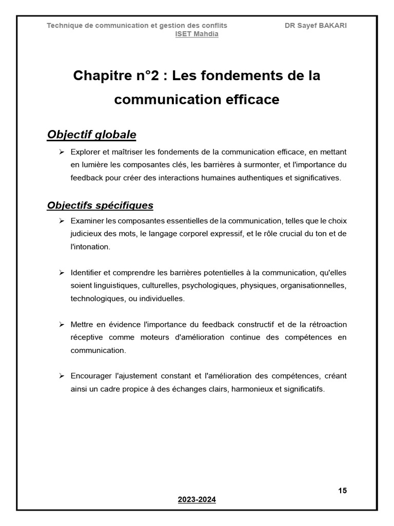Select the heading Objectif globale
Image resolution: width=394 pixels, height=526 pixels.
click(x=91, y=135)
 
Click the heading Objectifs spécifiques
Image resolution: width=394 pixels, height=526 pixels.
click(x=100, y=205)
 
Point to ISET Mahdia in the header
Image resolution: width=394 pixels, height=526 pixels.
click(x=197, y=34)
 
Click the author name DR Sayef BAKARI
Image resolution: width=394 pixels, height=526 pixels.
click(x=316, y=25)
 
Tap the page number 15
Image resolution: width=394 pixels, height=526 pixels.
click(x=342, y=491)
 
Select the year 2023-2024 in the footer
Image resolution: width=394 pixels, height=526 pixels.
click(x=197, y=499)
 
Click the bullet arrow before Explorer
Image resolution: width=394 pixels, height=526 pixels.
click(x=61, y=152)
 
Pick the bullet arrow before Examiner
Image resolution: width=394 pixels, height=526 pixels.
click(x=61, y=221)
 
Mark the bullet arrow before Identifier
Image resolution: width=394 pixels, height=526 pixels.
click(x=61, y=272)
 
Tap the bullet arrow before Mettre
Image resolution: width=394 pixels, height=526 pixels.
click(x=61, y=325)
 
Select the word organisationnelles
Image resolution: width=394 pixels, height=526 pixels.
click(x=313, y=286)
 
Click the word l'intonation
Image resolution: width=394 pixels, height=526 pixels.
click(x=90, y=247)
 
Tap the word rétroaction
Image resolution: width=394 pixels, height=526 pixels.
click(x=328, y=325)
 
